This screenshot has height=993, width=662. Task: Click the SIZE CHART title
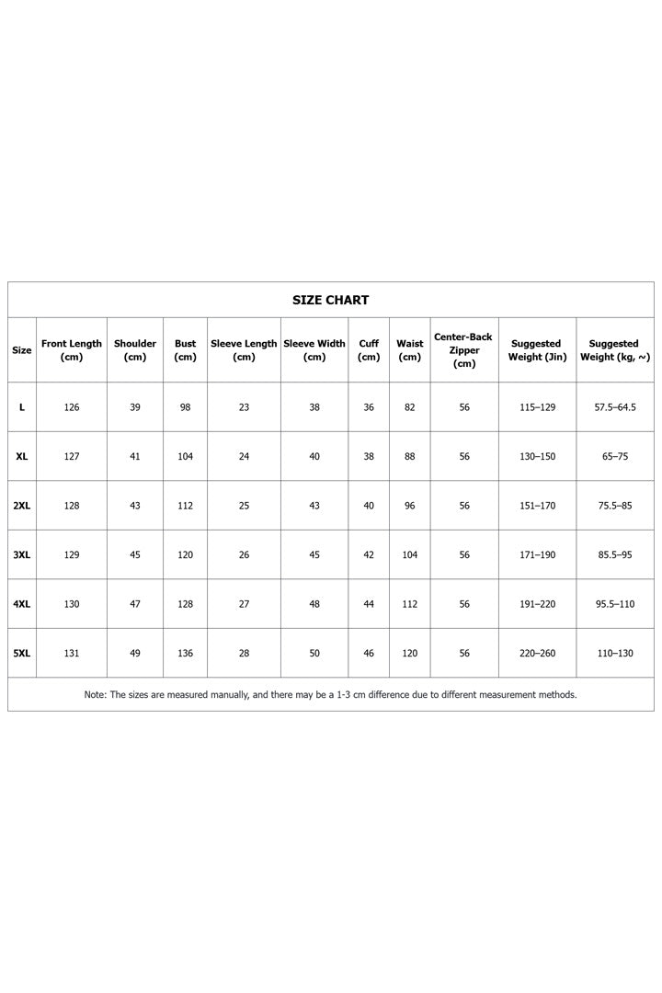pyautogui.click(x=330, y=300)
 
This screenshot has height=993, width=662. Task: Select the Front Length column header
pyautogui.click(x=72, y=350)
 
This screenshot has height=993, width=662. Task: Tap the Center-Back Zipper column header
pyautogui.click(x=464, y=350)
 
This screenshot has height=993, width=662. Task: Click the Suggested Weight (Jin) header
pyautogui.click(x=537, y=350)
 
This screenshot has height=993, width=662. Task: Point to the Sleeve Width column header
pyautogui.click(x=314, y=350)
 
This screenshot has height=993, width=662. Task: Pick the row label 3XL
pyautogui.click(x=22, y=555)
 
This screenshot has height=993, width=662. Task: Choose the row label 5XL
pyautogui.click(x=22, y=654)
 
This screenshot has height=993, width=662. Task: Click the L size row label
pyautogui.click(x=22, y=407)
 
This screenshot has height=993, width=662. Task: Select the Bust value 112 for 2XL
pyautogui.click(x=186, y=506)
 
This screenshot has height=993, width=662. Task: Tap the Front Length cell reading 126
pyautogui.click(x=72, y=407)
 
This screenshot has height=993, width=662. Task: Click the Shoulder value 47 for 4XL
pyautogui.click(x=135, y=604)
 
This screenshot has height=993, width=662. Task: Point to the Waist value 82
pyautogui.click(x=410, y=407)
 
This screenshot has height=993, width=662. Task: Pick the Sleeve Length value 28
pyautogui.click(x=244, y=654)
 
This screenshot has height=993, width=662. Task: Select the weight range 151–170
pyautogui.click(x=537, y=506)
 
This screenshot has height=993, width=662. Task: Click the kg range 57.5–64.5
pyautogui.click(x=615, y=407)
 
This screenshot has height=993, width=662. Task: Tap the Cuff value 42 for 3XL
pyautogui.click(x=369, y=555)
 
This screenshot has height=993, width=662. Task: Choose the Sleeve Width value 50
pyautogui.click(x=314, y=654)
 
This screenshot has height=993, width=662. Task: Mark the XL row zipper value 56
pyautogui.click(x=464, y=457)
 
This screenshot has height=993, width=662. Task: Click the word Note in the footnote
pyautogui.click(x=95, y=695)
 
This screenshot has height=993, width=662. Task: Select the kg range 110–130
pyautogui.click(x=615, y=654)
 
